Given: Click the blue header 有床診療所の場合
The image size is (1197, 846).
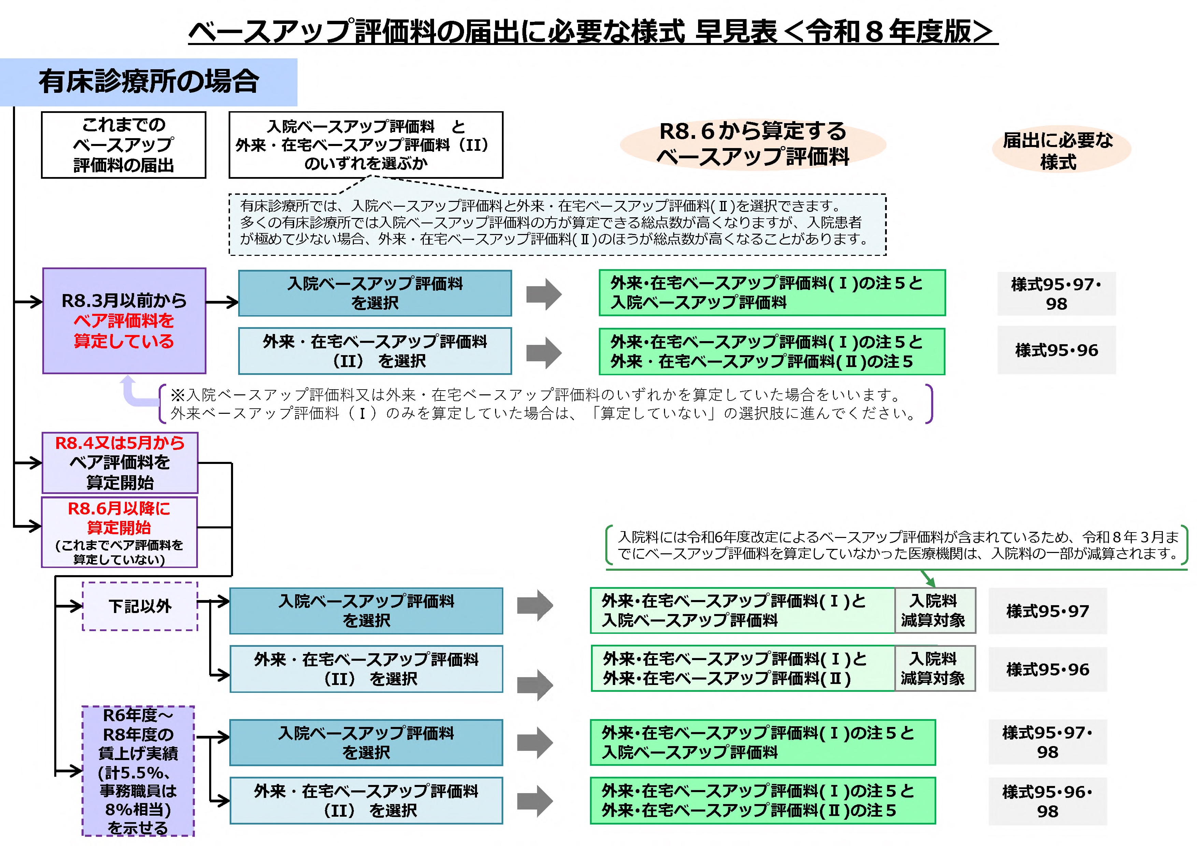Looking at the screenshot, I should coord(148,82).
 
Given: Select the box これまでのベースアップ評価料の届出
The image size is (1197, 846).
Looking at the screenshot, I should coord(124,145).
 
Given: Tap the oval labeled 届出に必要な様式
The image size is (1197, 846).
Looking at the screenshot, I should coord(1061,150).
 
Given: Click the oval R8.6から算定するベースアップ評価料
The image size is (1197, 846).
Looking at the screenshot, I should coord(752,144).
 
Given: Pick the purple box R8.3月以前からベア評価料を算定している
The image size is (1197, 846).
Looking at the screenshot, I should coord(124,321).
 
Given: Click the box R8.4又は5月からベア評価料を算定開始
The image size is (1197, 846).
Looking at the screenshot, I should coord(120,462).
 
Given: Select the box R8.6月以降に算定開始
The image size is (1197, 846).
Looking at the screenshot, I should coord(119,532).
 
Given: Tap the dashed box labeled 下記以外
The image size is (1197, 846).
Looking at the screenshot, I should coord(140,606).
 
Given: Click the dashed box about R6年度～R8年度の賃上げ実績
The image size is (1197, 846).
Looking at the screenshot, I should coord(138,771).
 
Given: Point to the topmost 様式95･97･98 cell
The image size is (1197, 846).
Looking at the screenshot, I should coord(1056,293).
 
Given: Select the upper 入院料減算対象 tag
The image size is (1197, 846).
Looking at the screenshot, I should coord(934,610).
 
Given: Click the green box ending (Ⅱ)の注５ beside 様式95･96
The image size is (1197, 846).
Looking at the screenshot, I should coord(771,351).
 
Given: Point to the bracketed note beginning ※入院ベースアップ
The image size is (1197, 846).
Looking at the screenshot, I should coord(545,404).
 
